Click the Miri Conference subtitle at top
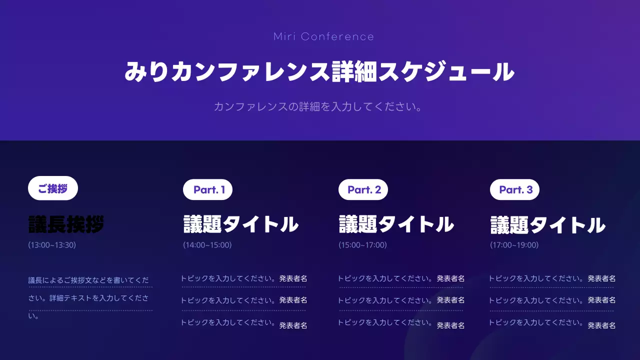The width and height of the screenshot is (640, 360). (x=323, y=36)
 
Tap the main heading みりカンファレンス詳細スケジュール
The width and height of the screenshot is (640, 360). (x=319, y=72)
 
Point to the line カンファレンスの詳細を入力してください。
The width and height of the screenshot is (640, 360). (x=318, y=106)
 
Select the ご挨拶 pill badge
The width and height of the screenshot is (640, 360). (x=52, y=188)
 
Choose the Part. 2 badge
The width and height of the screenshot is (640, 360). (x=363, y=189)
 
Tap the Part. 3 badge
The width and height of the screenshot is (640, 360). (x=515, y=189)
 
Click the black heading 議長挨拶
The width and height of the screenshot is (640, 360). (x=66, y=224)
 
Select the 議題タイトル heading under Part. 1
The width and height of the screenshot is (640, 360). (x=241, y=224)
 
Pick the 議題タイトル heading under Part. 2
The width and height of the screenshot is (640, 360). (x=396, y=224)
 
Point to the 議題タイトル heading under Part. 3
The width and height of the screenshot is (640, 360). (x=548, y=225)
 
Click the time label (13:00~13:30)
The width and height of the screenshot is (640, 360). (x=52, y=245)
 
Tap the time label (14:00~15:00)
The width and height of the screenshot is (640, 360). (x=207, y=245)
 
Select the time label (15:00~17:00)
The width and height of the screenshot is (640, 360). (x=362, y=245)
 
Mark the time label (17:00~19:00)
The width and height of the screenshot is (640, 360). (x=514, y=245)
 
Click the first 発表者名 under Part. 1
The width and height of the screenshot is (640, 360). (x=293, y=278)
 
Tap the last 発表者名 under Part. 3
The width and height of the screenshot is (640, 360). (x=601, y=325)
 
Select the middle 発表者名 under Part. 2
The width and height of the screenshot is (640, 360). (x=450, y=300)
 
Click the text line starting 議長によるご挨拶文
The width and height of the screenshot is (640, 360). (x=89, y=280)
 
